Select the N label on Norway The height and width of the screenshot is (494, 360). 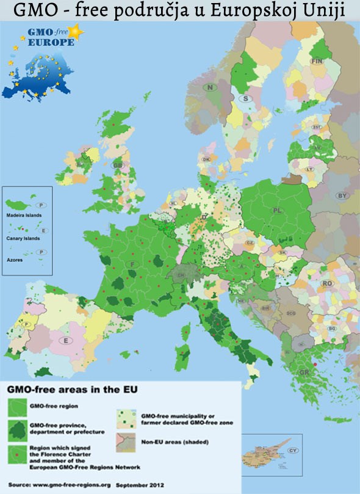211,88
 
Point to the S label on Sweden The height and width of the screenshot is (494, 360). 246,98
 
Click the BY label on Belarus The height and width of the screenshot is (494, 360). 342,195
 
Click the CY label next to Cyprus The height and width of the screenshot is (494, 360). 293,451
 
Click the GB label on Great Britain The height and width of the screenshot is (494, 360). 118,165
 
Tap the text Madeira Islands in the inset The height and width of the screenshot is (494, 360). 23,216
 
